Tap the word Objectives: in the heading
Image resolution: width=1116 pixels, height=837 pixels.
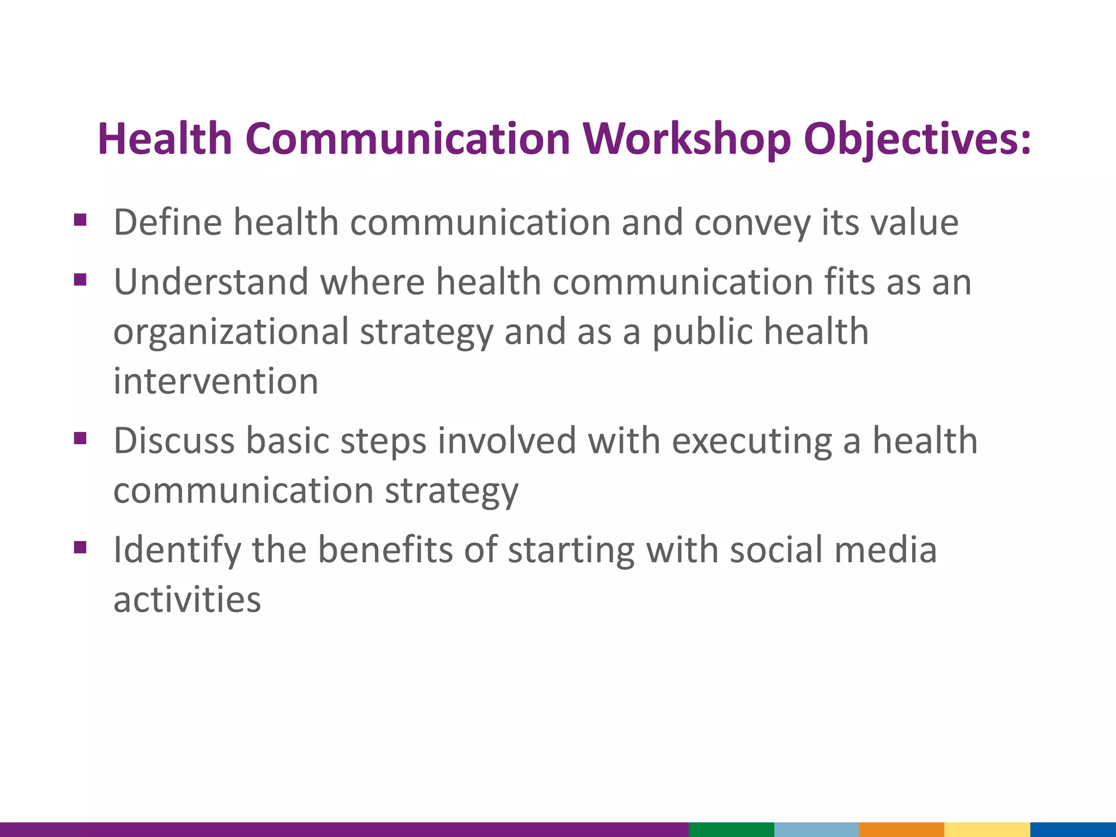click(918, 139)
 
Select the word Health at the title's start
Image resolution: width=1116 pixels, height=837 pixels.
click(165, 139)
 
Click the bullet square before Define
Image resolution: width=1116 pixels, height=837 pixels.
click(80, 220)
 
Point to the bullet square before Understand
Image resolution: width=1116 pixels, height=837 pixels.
click(80, 280)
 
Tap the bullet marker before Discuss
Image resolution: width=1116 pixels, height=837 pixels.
click(80, 438)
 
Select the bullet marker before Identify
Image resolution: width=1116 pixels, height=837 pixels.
click(80, 547)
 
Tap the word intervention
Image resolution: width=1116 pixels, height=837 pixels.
click(216, 381)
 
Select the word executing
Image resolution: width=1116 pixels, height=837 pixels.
click(752, 441)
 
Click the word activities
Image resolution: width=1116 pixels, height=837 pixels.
click(187, 599)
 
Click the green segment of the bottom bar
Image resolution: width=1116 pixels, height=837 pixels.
click(731, 829)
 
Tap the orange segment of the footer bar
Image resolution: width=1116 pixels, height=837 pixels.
click(901, 829)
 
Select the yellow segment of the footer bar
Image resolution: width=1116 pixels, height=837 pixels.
click(986, 829)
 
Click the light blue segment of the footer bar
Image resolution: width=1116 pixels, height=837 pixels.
click(816, 829)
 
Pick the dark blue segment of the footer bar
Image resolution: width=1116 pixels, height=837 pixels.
click(1072, 829)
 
